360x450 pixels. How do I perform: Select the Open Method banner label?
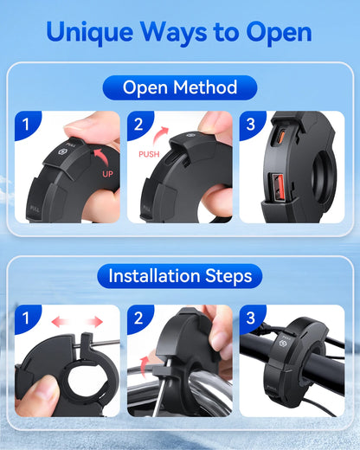coord(180,87)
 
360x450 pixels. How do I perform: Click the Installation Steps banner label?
coord(180,275)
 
